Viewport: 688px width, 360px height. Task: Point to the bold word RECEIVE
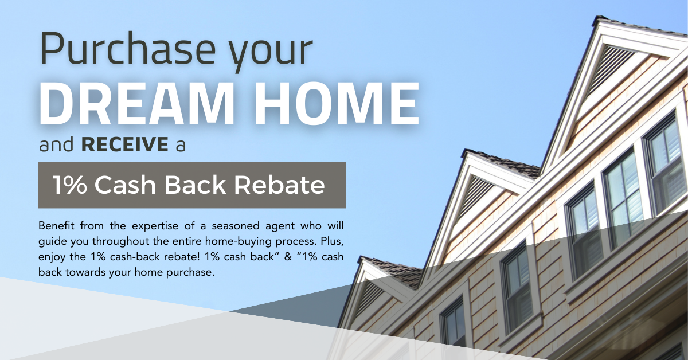(x=125, y=144)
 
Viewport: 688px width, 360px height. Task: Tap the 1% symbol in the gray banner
(x=70, y=185)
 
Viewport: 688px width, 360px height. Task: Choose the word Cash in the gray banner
(x=125, y=185)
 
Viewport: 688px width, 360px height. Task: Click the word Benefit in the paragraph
(x=56, y=226)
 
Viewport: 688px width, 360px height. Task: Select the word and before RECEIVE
(x=56, y=144)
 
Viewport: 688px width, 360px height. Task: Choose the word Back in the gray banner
(x=195, y=185)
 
